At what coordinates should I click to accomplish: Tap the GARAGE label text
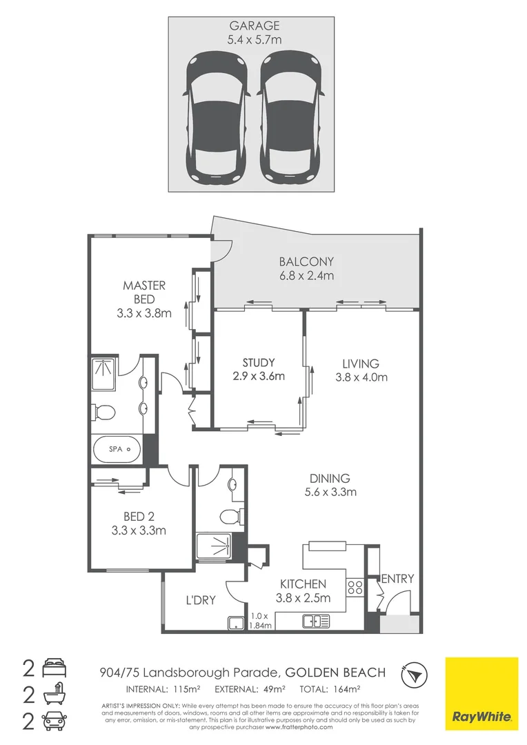[x=255, y=26]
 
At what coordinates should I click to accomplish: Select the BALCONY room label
[x=306, y=261]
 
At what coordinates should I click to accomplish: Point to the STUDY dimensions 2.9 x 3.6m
[x=259, y=377]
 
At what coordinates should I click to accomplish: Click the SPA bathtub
[x=117, y=449]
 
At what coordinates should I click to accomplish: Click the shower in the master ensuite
[x=103, y=374]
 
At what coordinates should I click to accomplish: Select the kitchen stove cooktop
[x=355, y=587]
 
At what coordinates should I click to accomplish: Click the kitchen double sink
[x=315, y=621]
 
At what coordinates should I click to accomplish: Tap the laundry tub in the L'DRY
[x=236, y=622]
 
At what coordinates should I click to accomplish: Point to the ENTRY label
[x=398, y=579]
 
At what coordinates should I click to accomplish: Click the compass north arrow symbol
[x=415, y=675]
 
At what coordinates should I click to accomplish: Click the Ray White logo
[x=481, y=694]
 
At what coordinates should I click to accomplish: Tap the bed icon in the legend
[x=54, y=668]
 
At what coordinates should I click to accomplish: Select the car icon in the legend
[x=54, y=722]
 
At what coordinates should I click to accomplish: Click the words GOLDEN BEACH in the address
[x=335, y=673]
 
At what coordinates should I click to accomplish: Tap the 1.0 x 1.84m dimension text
[x=261, y=621]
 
